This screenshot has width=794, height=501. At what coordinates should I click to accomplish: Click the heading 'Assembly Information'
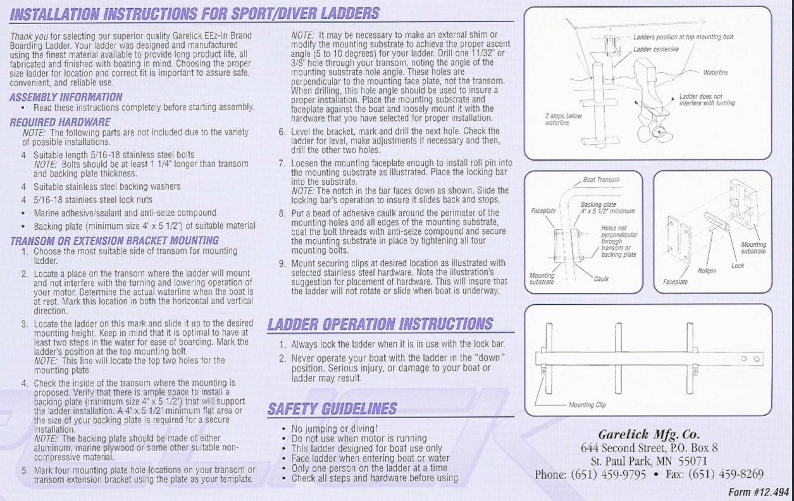[66, 97]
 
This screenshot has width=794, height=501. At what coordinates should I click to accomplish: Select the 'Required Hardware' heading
[60, 122]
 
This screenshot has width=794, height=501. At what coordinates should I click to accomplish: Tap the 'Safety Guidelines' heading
[332, 409]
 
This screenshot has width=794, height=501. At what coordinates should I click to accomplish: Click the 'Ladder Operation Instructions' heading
[380, 325]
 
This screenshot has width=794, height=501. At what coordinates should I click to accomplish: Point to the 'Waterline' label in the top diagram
[716, 73]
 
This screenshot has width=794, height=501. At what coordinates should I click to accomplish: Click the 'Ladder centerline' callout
[655, 49]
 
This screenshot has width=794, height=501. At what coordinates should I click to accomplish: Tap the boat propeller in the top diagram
[655, 133]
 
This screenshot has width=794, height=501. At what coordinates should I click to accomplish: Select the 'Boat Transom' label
[601, 180]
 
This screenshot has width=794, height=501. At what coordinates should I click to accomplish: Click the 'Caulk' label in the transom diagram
[601, 279]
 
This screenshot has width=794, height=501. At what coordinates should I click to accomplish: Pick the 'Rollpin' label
[707, 271]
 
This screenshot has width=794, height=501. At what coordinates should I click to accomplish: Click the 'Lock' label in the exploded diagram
[737, 266]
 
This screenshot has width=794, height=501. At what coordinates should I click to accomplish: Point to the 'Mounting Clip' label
[587, 405]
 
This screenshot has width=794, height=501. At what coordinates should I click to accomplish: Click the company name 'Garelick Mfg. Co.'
[648, 435]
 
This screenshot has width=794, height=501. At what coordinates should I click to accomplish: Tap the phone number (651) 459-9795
[608, 474]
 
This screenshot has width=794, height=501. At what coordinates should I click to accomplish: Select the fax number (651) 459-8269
[726, 474]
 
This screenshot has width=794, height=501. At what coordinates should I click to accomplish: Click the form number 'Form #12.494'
[759, 492]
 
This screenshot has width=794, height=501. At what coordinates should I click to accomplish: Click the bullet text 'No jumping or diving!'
[334, 429]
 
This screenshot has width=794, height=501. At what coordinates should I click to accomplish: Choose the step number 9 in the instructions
[282, 264]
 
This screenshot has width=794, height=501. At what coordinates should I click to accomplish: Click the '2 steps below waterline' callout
[563, 120]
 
